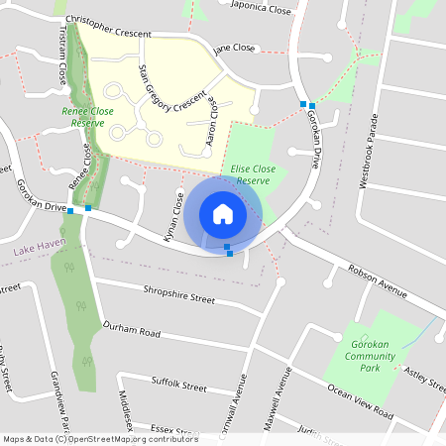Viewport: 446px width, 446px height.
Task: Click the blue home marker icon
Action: tap(223, 214)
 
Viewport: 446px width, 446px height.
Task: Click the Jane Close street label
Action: tap(235, 48)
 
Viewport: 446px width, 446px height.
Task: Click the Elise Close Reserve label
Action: tap(250, 175)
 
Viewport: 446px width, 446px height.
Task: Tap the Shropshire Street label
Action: tap(179, 297)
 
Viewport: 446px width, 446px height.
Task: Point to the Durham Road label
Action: tap(131, 331)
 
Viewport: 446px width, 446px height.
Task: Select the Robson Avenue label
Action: tap(378, 279)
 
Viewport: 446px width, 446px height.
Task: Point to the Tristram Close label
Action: tap(61, 66)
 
